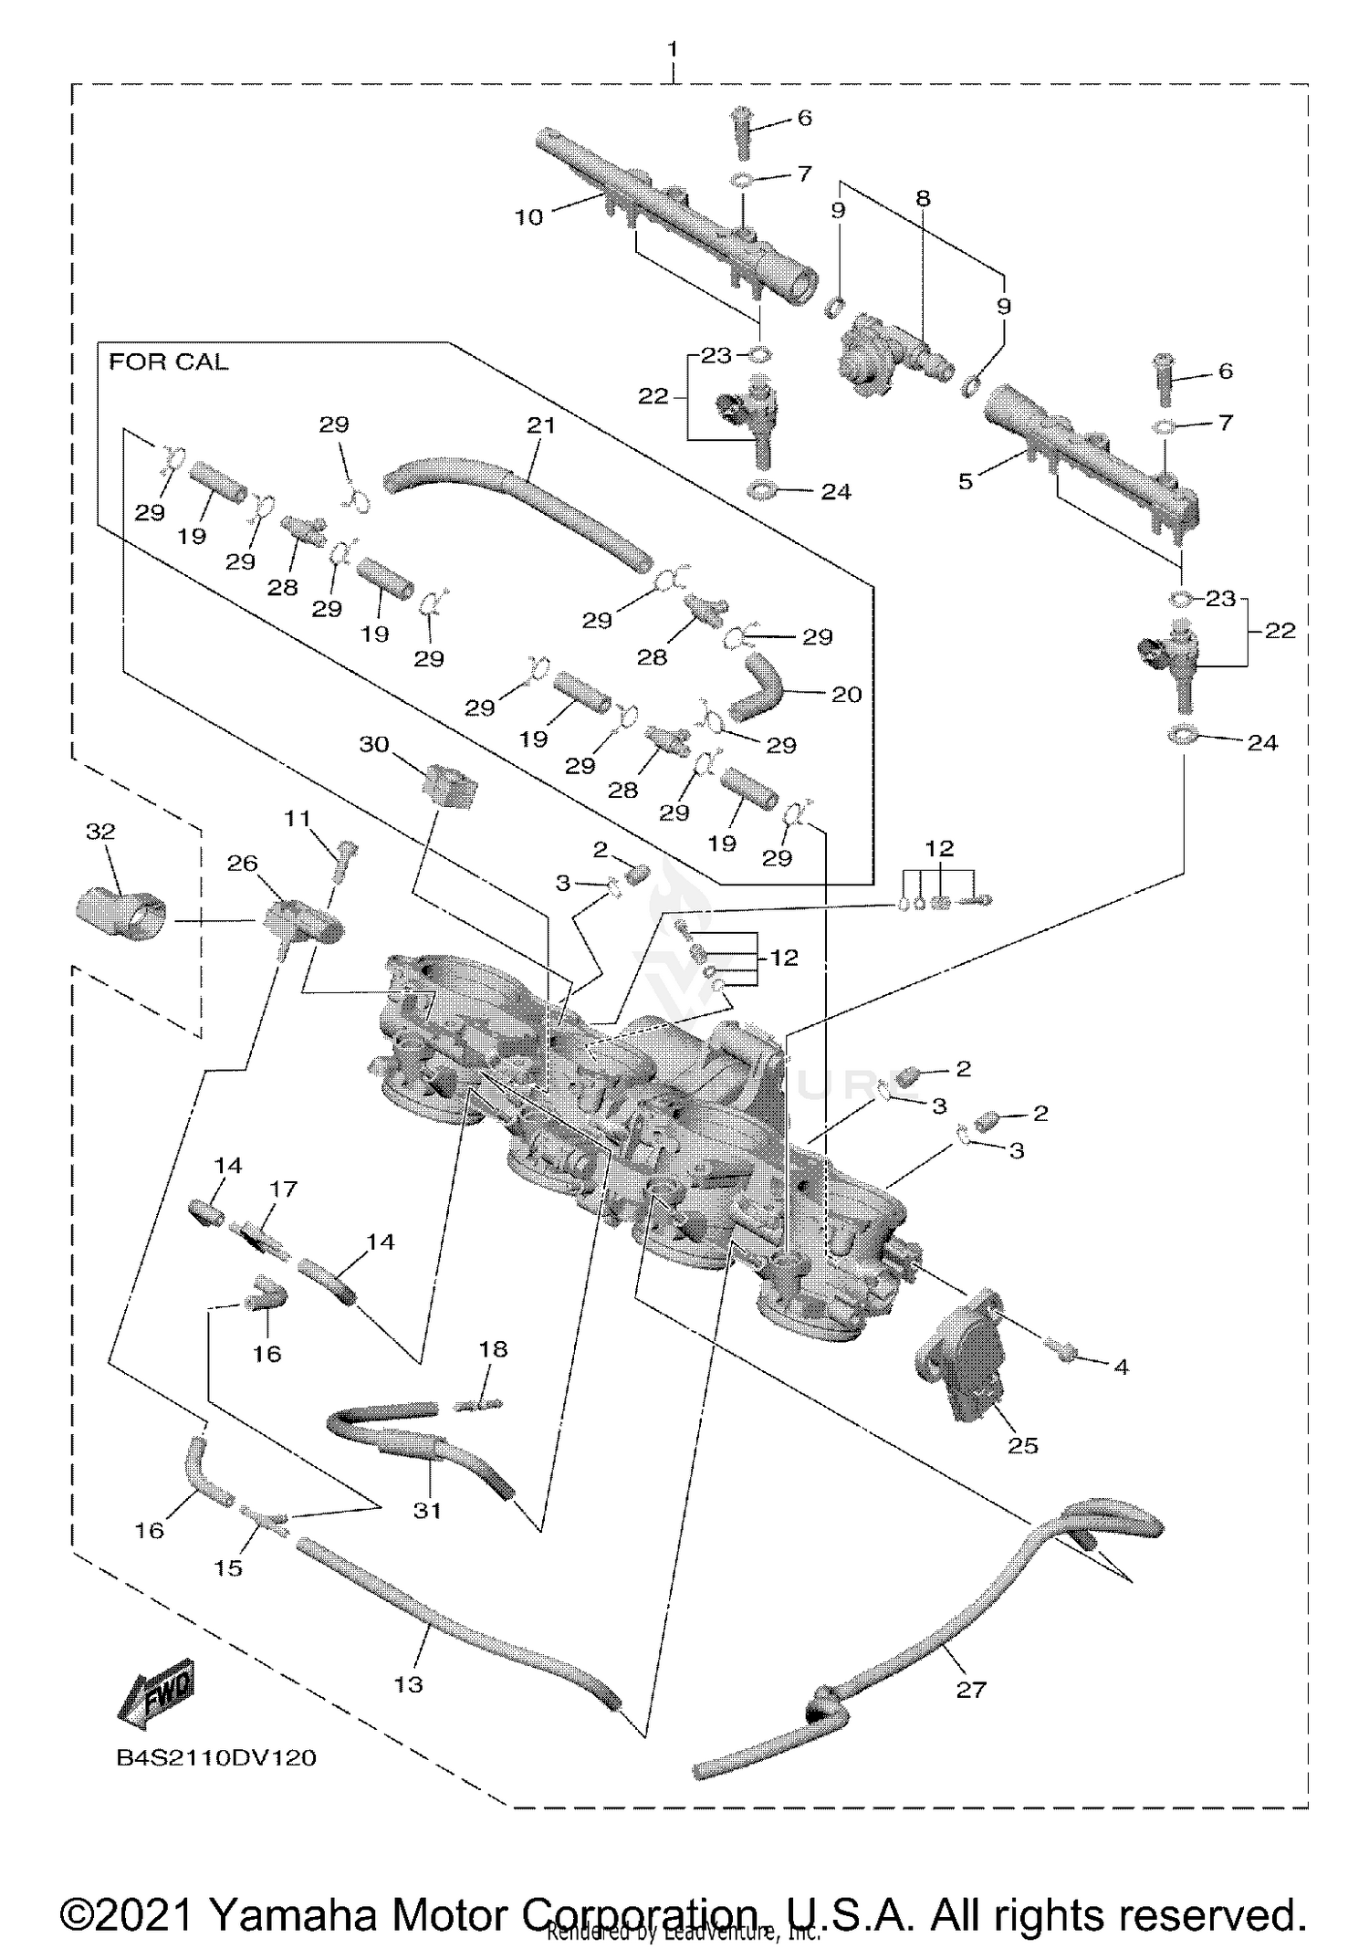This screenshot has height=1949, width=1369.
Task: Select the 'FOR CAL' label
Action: (169, 362)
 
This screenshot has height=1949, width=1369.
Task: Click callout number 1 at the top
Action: (674, 49)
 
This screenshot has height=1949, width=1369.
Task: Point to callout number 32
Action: (100, 831)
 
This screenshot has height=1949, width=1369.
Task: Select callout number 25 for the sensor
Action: (1022, 1445)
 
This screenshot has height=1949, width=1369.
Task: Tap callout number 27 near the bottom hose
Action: (970, 1690)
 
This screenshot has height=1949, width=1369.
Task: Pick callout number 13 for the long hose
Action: (408, 1684)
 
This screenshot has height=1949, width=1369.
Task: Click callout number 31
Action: (427, 1511)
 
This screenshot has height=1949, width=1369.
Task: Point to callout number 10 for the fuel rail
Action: (529, 217)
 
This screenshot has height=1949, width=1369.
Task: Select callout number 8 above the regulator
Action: (923, 198)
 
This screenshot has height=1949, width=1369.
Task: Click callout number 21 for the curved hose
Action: (540, 424)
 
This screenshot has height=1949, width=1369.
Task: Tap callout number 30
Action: (374, 744)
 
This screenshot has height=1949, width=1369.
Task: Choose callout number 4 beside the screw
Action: (1121, 1367)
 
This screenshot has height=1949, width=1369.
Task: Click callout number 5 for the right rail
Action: (966, 481)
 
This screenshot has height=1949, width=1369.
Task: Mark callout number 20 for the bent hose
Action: (846, 695)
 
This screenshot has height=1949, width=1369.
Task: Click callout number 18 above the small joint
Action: (493, 1349)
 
